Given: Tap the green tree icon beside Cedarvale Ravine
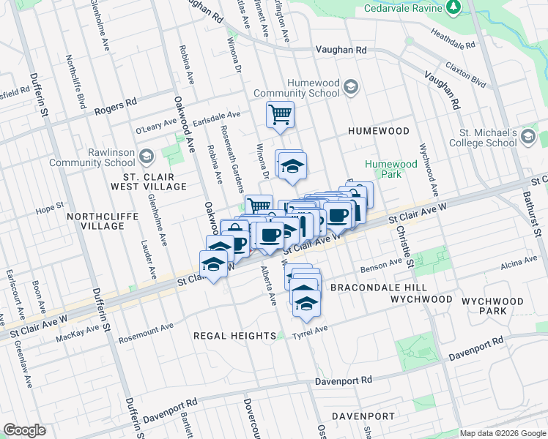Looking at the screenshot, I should click(454, 7).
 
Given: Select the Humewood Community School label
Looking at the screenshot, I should click(296, 88).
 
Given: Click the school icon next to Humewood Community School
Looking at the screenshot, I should click(351, 87).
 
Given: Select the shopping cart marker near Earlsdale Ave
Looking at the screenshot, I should click(280, 115).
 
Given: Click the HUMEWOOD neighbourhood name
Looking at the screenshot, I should click(379, 131).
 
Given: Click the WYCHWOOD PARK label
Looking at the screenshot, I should click(497, 306).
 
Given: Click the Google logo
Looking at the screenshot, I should click(24, 429).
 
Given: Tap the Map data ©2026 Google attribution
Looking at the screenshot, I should click(502, 433).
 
